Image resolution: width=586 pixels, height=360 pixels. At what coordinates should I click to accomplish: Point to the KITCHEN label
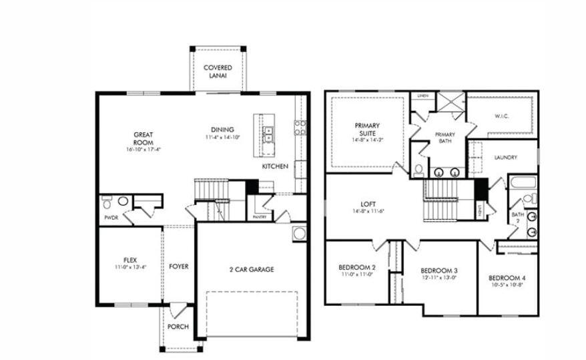pos(275,166)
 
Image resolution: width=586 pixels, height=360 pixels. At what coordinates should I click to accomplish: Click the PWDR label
pos(111,218)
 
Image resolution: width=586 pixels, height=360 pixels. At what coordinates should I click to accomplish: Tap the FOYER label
pos(178,266)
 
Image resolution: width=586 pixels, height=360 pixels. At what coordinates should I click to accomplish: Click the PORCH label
pos(178,327)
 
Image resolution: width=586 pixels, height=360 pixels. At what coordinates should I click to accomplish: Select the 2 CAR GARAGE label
pos(252,270)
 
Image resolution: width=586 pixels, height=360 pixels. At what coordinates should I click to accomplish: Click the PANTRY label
pos(260,217)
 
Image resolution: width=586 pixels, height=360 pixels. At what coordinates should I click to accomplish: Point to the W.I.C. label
pos(502,116)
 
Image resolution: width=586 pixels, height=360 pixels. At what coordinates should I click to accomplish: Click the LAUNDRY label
pos(507,158)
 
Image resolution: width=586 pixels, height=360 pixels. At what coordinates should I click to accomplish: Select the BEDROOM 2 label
pos(356,270)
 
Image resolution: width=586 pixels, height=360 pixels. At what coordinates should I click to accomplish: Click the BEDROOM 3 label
pos(438,274)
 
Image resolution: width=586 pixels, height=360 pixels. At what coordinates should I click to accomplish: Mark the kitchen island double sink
pos(268,134)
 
